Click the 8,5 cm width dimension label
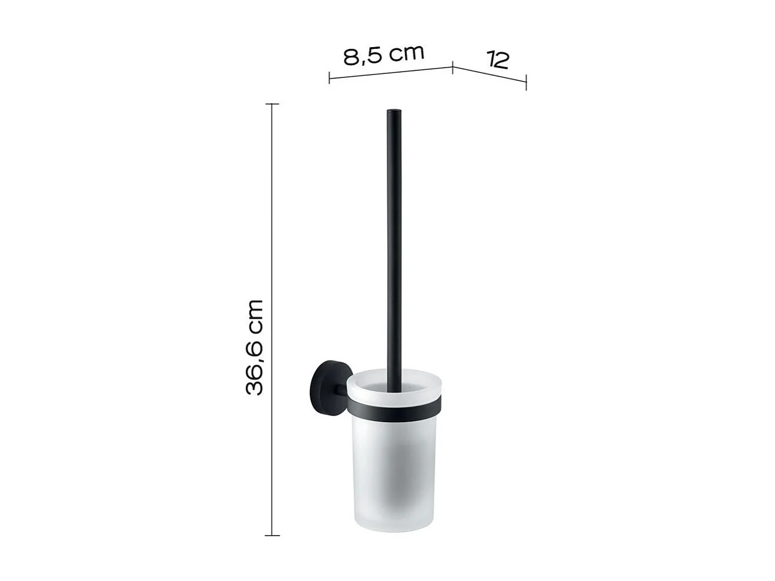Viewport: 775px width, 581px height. coord(383,55)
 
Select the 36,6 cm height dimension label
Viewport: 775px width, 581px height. coord(255,348)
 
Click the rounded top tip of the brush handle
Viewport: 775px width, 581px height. coord(394,111)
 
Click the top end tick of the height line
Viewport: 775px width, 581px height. coord(272,104)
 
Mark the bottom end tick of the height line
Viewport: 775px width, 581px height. coord(272,534)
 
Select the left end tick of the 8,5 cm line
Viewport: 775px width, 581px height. coord(330,77)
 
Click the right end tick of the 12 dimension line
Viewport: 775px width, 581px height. coord(526,82)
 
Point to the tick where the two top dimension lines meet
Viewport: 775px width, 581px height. coord(453,67)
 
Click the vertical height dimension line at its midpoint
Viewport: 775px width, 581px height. coord(272,319)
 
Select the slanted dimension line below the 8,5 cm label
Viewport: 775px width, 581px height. coord(391,72)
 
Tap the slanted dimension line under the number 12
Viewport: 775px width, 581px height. coord(490,74)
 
